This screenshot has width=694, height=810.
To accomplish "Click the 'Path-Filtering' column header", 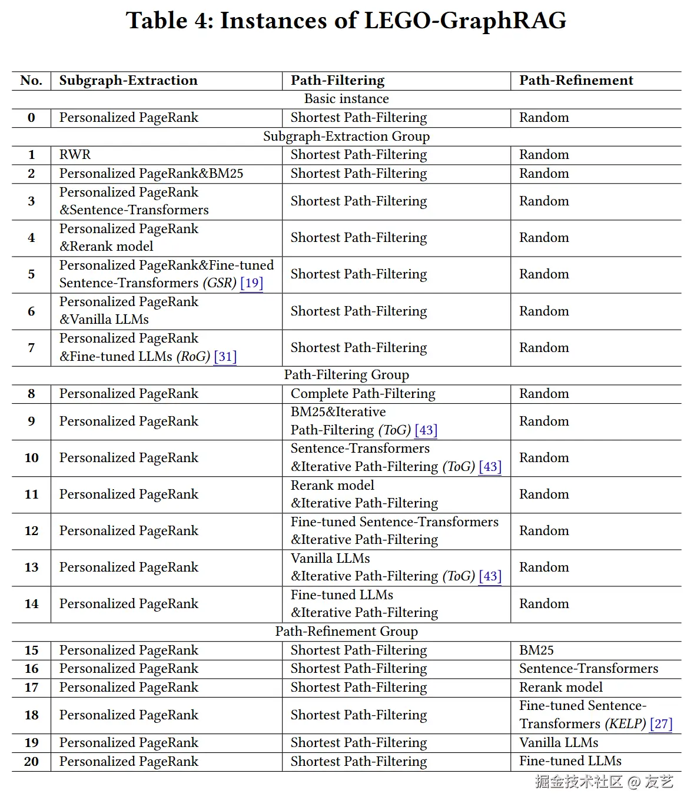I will [x=337, y=81].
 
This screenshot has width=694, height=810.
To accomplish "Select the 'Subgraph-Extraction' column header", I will [x=128, y=81].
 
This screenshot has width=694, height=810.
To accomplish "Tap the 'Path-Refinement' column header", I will [x=576, y=81].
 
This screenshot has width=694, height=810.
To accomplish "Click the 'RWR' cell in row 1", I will [x=75, y=155].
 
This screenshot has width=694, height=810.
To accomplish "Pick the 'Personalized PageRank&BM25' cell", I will [x=151, y=174].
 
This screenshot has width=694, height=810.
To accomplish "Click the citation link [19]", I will [x=251, y=283].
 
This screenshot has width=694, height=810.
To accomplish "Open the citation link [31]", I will [x=225, y=357].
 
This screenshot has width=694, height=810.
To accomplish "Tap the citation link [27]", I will [x=660, y=724].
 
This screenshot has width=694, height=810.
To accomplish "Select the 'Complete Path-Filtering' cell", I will [x=363, y=394].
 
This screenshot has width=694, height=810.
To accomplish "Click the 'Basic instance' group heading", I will [x=346, y=99].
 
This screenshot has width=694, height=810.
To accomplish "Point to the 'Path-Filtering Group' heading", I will [x=346, y=375].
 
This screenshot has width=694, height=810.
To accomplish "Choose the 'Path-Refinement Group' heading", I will [x=346, y=632].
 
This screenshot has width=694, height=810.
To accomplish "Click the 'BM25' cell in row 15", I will [x=536, y=650].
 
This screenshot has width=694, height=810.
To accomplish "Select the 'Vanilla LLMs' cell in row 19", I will [x=558, y=743].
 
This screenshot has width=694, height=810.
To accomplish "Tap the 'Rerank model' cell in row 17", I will [x=560, y=688].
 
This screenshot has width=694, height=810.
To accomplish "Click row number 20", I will [x=31, y=762].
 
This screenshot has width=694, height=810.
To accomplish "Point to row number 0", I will [x=31, y=118].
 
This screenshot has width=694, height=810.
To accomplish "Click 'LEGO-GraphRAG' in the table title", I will [x=465, y=21].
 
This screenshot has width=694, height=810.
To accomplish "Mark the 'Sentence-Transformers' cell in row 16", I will [x=588, y=669].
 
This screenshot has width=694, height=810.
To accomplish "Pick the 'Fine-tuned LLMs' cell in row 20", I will [x=570, y=761].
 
